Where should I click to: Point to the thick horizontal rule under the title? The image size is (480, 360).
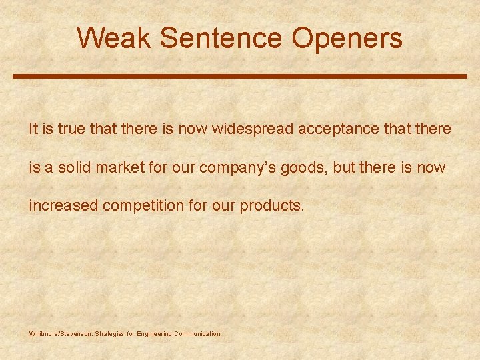240,77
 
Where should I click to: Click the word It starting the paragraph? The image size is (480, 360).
34,129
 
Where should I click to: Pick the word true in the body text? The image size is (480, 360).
71,129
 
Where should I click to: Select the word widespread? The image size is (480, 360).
253,129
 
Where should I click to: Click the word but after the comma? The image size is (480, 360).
343,167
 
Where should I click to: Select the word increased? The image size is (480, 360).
63,205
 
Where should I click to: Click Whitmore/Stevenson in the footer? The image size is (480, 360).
60,333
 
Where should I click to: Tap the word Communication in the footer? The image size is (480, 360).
197,333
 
